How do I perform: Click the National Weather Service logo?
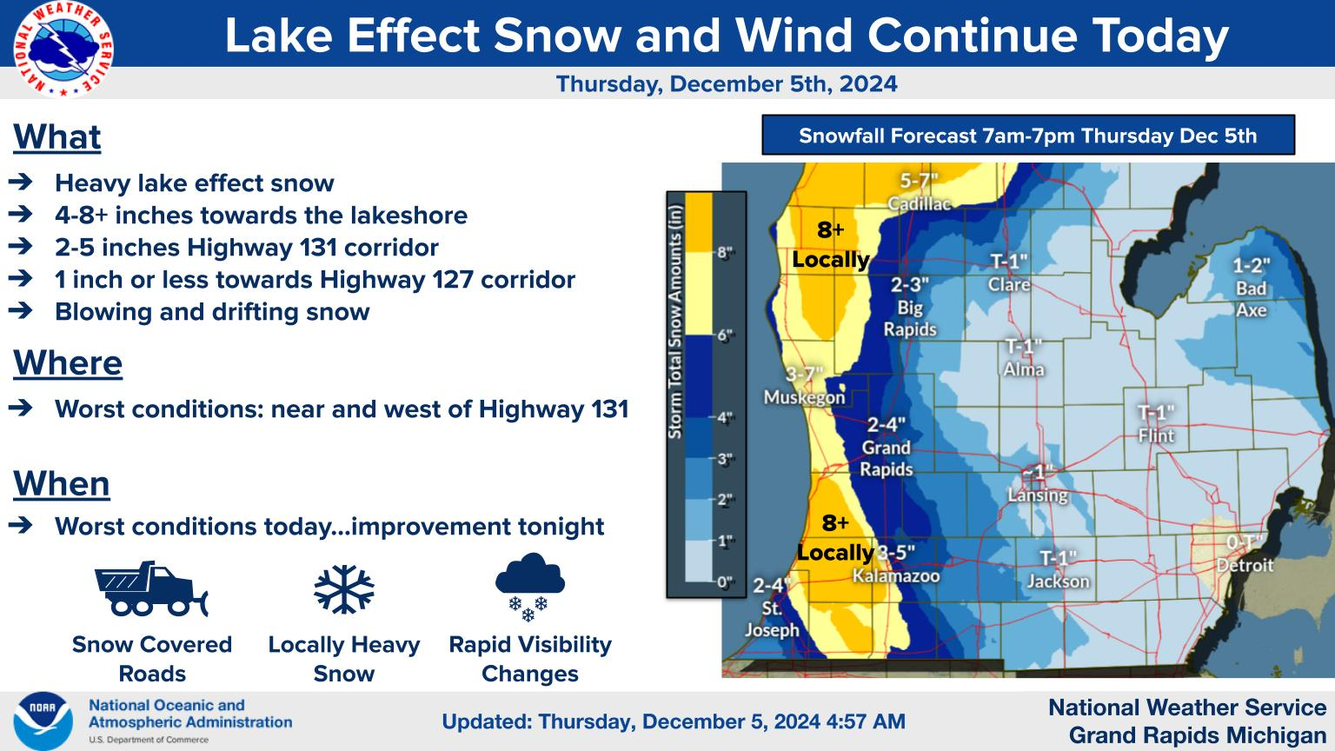[x=63, y=49]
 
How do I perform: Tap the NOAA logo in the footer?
[x=43, y=721]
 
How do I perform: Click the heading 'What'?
[x=57, y=137]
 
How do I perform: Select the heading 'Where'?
[x=68, y=363]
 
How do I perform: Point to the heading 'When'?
[x=62, y=483]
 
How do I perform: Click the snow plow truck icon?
[x=151, y=588]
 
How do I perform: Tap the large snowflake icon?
[x=344, y=588]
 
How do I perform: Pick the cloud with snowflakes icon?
[x=530, y=587]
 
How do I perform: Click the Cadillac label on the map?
[x=919, y=204]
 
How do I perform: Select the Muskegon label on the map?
[x=805, y=397]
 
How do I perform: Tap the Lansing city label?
[x=1038, y=495]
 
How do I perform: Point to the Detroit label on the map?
[x=1245, y=565]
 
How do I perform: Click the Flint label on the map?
[x=1156, y=435]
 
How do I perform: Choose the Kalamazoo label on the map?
[x=896, y=575]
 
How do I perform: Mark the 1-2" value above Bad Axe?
[x=1252, y=265]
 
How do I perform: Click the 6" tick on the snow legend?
[x=725, y=336]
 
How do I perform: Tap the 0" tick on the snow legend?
[x=725, y=582]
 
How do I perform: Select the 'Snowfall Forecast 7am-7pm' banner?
[x=1028, y=136]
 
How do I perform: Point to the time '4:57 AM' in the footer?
[x=866, y=721]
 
